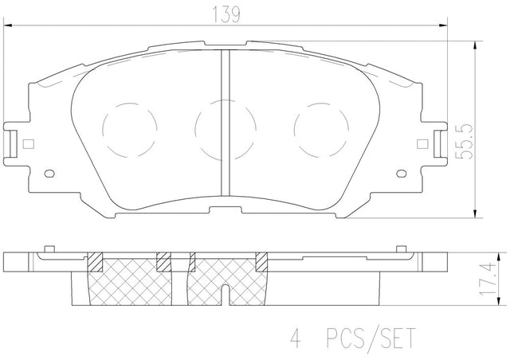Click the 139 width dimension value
click(226, 14)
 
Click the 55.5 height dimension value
click(464, 142)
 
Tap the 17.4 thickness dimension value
click(488, 280)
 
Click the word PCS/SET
click(371, 338)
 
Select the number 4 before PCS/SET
click(296, 338)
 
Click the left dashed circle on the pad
click(130, 130)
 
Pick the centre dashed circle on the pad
click(226, 130)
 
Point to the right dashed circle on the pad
click(321, 130)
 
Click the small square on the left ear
click(29, 143)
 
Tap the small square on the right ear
click(422, 143)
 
